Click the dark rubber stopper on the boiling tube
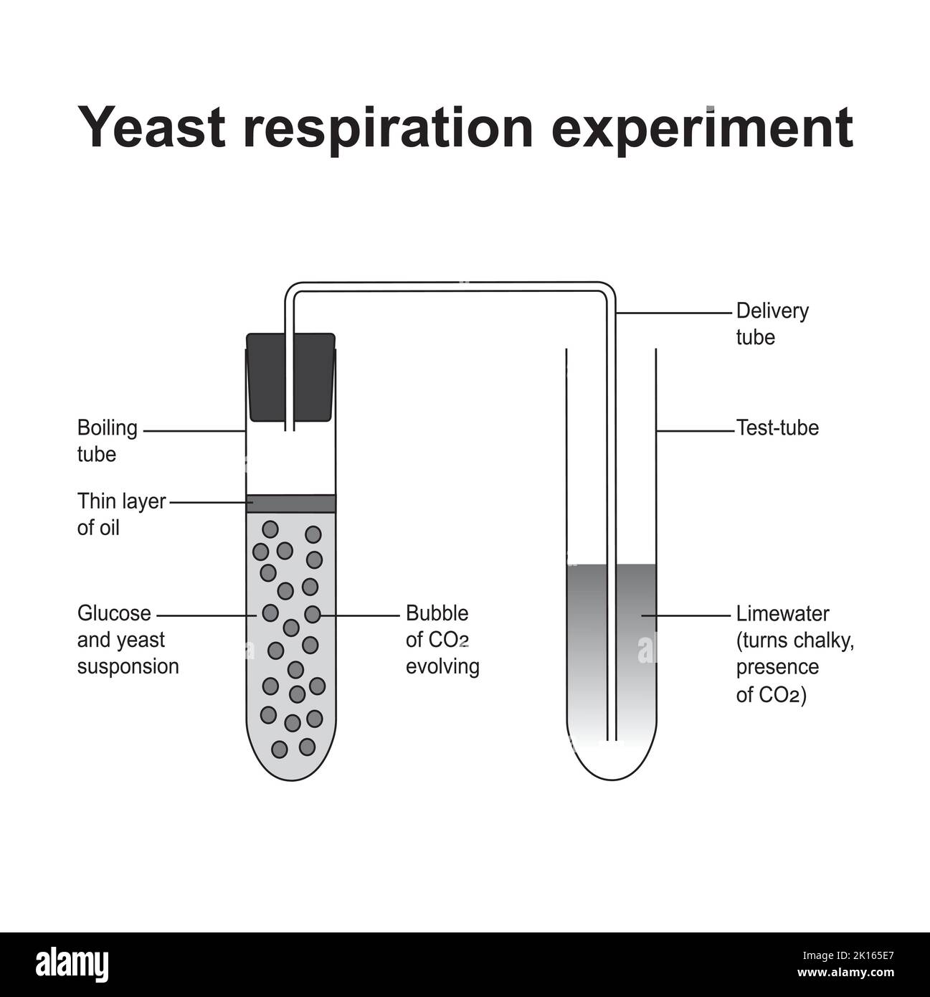click(x=290, y=377)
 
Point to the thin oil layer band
click(x=290, y=504)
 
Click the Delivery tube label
click(x=772, y=323)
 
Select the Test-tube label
click(x=777, y=427)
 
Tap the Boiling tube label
click(x=107, y=441)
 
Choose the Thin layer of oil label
click(x=121, y=514)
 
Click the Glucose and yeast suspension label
click(x=128, y=640)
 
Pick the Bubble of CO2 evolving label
click(x=442, y=640)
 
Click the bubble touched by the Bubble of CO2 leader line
click(x=312, y=614)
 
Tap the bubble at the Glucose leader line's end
click(x=270, y=613)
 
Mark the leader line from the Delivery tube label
click(x=674, y=313)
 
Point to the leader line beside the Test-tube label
click(x=696, y=431)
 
